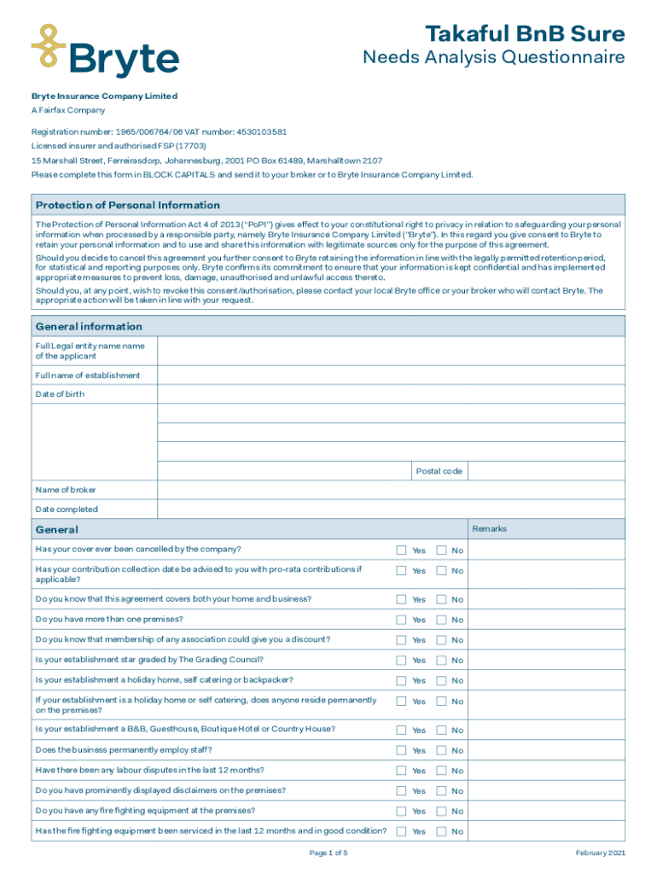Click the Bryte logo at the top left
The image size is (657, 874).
pos(105,50)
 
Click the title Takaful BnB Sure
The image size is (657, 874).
pos(525,34)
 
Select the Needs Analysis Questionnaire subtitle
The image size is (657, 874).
pos(493,58)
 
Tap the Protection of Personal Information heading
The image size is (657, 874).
pos(128,205)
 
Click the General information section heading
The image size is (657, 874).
pos(89,326)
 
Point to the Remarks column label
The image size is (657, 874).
pos(489,529)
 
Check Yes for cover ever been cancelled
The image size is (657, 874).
pos(401,550)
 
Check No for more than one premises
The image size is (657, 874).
pos(442,620)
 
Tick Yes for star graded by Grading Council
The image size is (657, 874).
pos(401,660)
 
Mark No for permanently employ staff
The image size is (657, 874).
pos(442,750)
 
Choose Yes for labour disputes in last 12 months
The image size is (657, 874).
pos(401,771)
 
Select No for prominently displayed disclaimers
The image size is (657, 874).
pos(442,790)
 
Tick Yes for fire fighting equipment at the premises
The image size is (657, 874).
pos(401,811)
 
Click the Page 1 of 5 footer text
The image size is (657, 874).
pos(328,853)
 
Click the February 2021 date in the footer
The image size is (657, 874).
pos(601,853)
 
